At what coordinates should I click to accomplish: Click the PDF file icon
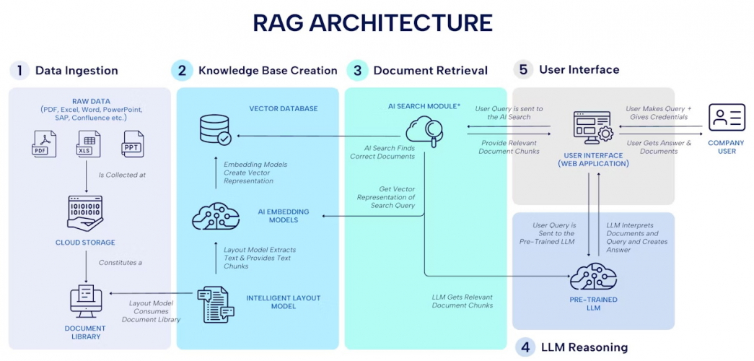pyautogui.click(x=43, y=144)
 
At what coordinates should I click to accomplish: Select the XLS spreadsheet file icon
pyautogui.click(x=88, y=144)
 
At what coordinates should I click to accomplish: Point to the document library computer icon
pyautogui.click(x=85, y=302)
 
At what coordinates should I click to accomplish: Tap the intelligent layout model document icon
pyautogui.click(x=215, y=302)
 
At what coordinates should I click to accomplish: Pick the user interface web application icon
pyautogui.click(x=592, y=127)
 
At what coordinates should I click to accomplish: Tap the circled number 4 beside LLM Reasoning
pyautogui.click(x=525, y=347)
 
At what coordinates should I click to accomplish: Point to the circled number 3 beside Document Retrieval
pyautogui.click(x=356, y=71)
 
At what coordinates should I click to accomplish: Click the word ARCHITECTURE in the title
pyautogui.click(x=401, y=22)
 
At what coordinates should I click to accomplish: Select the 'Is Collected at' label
pyautogui.click(x=122, y=175)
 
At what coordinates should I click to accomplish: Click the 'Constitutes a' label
pyautogui.click(x=120, y=262)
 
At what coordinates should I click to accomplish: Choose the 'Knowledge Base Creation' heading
pyautogui.click(x=268, y=71)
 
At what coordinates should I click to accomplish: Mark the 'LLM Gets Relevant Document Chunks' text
pyautogui.click(x=463, y=301)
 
